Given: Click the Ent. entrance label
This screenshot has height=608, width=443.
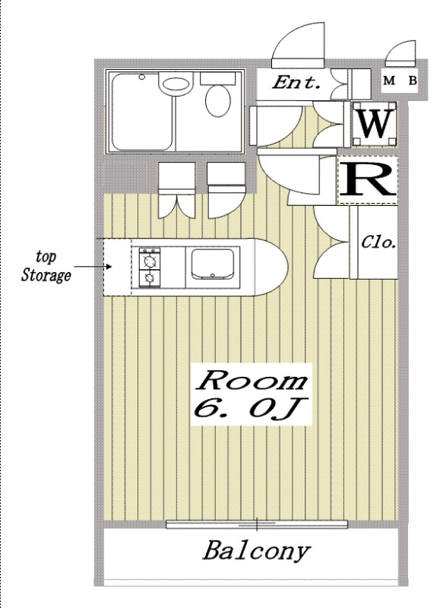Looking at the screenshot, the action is [297, 83].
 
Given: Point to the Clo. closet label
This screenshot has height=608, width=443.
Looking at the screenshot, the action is [378, 242].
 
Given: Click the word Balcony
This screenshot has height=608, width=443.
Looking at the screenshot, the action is [257, 551].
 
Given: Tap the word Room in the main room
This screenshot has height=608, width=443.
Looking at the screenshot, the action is [252, 381].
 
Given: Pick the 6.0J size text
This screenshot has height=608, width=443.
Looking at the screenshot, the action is [250, 408].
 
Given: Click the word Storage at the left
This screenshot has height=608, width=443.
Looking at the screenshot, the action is [46, 275].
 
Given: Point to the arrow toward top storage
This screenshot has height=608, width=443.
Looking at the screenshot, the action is [93, 267].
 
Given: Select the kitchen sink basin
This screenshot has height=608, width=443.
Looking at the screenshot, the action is [213, 264].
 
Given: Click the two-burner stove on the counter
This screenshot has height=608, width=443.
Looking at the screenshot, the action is [150, 268].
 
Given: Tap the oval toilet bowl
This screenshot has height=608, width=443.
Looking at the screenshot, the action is [218, 101].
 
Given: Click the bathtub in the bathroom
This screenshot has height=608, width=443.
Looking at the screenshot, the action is [142, 112].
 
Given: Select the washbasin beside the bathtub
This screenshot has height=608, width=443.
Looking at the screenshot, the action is [176, 85].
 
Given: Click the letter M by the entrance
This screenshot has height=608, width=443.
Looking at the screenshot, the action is [389, 81].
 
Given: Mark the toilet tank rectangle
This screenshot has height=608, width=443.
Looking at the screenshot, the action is [218, 79].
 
